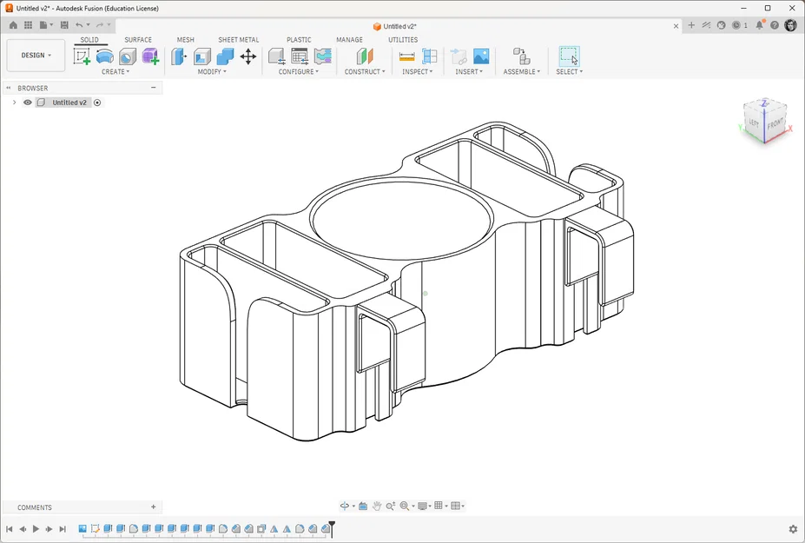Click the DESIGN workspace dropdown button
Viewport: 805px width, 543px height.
pos(36,55)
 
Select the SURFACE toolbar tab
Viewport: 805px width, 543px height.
pos(138,40)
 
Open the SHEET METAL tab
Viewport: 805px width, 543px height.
pos(238,40)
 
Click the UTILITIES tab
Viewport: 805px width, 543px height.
pos(403,40)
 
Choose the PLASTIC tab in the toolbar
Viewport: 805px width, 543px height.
pos(299,40)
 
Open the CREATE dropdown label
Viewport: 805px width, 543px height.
pos(115,72)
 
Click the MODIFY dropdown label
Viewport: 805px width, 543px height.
pos(212,72)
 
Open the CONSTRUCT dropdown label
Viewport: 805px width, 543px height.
pos(365,72)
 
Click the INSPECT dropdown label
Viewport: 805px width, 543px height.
pos(417,72)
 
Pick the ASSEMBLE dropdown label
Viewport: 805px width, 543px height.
pos(522,72)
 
